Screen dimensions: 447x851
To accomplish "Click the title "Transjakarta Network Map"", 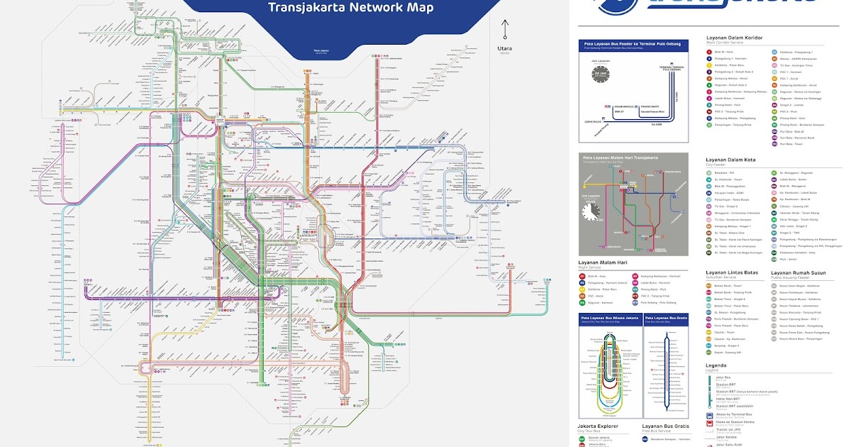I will (350, 9).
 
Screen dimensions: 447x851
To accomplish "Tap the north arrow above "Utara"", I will (504, 28).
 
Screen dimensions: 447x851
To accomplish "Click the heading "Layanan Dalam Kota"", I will (730, 160).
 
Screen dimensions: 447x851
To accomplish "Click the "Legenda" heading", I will (717, 366).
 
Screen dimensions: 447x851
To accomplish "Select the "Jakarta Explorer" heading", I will (598, 426).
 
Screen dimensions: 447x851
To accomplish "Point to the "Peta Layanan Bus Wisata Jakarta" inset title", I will (610, 319).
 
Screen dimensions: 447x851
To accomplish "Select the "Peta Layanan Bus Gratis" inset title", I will (667, 319).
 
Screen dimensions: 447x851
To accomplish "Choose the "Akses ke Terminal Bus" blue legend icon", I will (710, 414).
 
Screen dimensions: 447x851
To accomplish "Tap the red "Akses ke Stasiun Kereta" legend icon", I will (710, 423).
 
